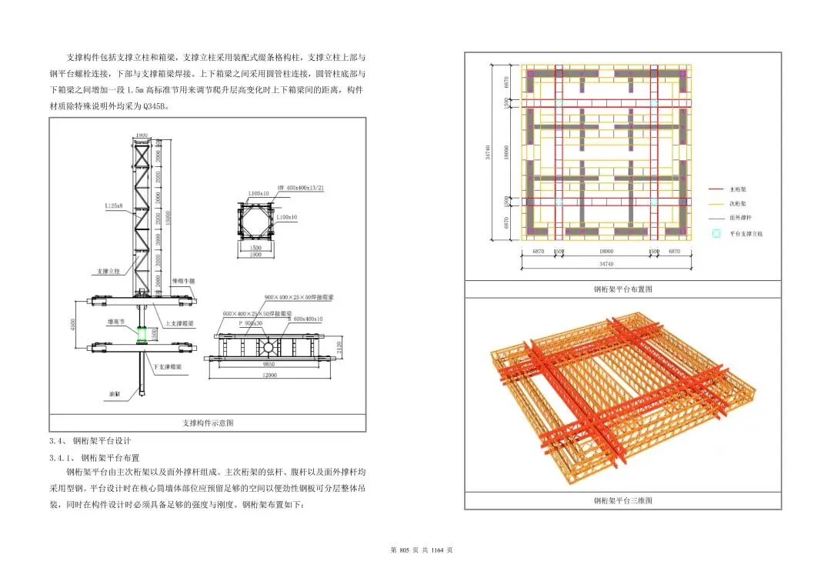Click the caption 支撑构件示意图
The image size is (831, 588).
click(208, 423)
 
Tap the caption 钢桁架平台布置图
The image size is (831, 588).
click(622, 289)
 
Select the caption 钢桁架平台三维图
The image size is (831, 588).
click(622, 500)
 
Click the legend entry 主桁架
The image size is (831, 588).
click(739, 189)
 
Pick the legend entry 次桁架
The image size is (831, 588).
click(739, 204)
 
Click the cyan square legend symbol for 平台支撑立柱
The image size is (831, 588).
click(717, 233)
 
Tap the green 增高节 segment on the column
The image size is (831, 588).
click(141, 335)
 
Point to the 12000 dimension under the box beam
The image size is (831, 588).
click(269, 375)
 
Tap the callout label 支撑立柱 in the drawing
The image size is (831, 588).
click(108, 271)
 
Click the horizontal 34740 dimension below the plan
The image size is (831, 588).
click(606, 264)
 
